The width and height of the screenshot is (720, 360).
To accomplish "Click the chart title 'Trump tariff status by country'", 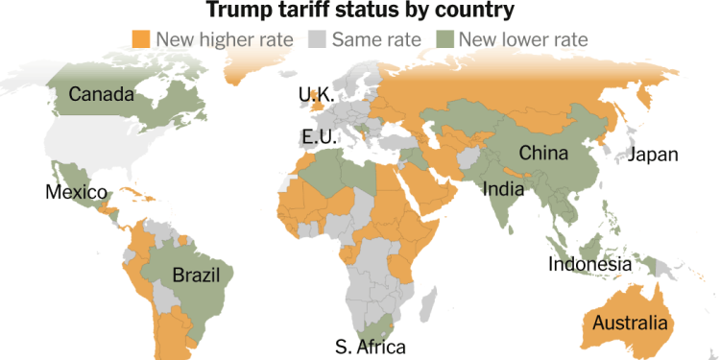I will pyautogui.click(x=360, y=12).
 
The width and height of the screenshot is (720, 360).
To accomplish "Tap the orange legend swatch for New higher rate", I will pyautogui.click(x=142, y=39).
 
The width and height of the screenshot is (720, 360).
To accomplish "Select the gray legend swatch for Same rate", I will pyautogui.click(x=318, y=39).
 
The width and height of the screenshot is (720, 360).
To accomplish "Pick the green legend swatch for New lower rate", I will pyautogui.click(x=446, y=39).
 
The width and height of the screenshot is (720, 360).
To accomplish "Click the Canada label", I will pyautogui.click(x=101, y=94).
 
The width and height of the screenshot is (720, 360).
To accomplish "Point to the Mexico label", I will pyautogui.click(x=76, y=192).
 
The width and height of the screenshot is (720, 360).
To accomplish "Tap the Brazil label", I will pyautogui.click(x=196, y=276).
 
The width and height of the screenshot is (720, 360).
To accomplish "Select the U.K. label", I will pyautogui.click(x=316, y=95).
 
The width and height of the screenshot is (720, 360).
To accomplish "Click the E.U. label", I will pyautogui.click(x=320, y=137).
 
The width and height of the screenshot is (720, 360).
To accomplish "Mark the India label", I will pyautogui.click(x=503, y=188).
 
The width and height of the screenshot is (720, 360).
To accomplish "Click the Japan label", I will pyautogui.click(x=653, y=155).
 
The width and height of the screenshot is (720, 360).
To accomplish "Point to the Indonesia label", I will pyautogui.click(x=589, y=264).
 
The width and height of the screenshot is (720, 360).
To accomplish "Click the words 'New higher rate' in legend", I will pyautogui.click(x=211, y=39).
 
